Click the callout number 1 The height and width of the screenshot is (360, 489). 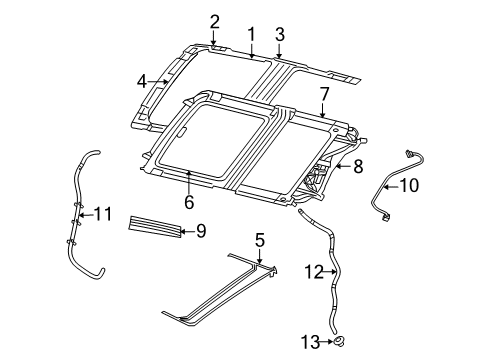coord(251,33)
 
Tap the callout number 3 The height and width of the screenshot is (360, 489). coord(280,33)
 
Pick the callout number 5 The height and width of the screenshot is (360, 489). coord(260,241)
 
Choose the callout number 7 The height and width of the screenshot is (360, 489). coord(324,94)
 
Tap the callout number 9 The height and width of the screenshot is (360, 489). coord(200,232)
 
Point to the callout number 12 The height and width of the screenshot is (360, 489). coord(314,270)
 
